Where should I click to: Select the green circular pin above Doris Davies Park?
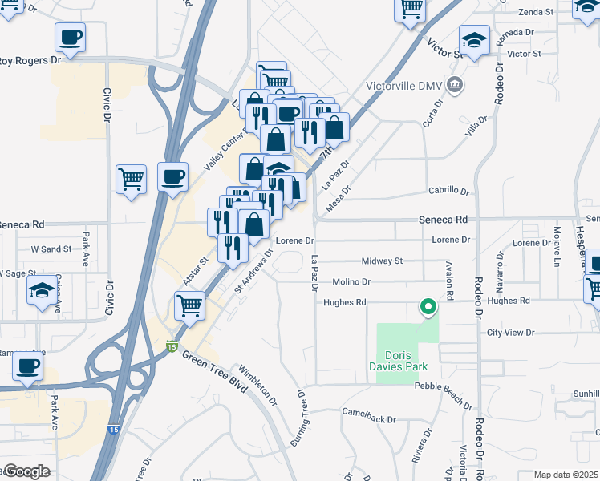tap(428, 305)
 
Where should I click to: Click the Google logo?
tap(26, 471)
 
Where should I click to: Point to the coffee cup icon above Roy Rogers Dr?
tap(70, 37)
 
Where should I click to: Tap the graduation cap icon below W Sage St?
tap(43, 292)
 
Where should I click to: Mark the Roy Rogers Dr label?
tap(30, 60)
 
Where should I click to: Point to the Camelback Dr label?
tap(369, 419)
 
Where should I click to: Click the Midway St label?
tap(382, 261)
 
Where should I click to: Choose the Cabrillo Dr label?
tap(448, 191)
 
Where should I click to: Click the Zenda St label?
tap(537, 12)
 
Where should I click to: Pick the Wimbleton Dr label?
tap(257, 386)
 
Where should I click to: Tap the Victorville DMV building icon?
tap(455, 84)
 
